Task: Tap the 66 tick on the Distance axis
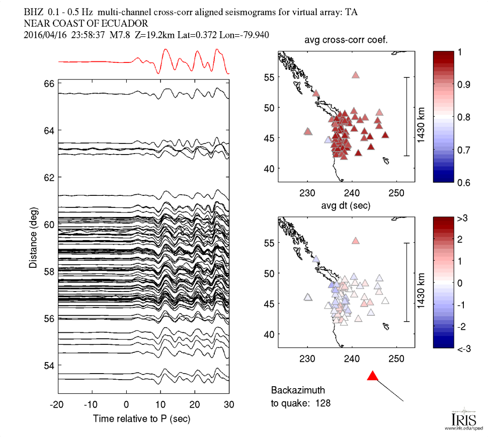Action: [x=49, y=84]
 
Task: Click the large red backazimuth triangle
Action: [x=372, y=376]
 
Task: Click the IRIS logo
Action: [x=461, y=419]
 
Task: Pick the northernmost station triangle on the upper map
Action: [x=356, y=75]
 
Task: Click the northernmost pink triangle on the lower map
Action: [x=356, y=241]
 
